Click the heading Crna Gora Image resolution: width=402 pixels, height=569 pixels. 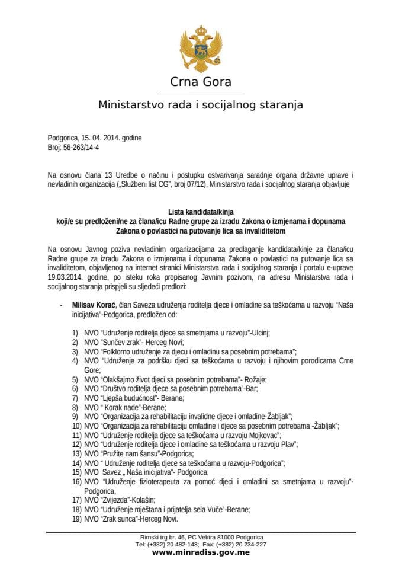(x=201, y=82)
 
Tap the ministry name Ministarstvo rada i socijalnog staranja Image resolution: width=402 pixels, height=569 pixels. (x=201, y=106)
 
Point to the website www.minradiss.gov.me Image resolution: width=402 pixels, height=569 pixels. (x=201, y=552)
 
